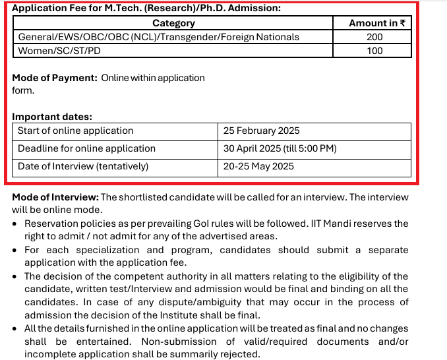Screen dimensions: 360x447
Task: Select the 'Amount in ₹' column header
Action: [x=377, y=23]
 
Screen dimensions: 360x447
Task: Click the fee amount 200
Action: [x=374, y=37]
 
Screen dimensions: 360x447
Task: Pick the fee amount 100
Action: [x=374, y=51]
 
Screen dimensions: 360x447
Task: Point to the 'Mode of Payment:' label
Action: [x=55, y=78]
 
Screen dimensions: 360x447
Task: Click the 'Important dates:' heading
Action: [x=52, y=117]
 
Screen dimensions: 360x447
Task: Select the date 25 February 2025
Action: [x=261, y=131]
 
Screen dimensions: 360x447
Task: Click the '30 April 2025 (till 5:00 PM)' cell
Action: [x=280, y=148]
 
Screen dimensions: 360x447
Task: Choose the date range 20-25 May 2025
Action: [x=258, y=166]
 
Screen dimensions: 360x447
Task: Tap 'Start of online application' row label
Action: [x=75, y=131]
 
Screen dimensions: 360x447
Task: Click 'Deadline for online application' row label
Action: [x=86, y=148]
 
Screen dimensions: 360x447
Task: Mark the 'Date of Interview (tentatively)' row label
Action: [x=83, y=166]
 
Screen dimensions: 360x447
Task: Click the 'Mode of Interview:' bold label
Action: [x=55, y=197]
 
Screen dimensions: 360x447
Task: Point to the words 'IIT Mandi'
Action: [x=351, y=224]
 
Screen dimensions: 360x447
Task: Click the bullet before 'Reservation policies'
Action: [x=16, y=225]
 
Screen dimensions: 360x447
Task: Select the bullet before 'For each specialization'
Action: [x=16, y=251]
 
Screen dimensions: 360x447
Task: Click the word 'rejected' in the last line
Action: [x=241, y=354]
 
